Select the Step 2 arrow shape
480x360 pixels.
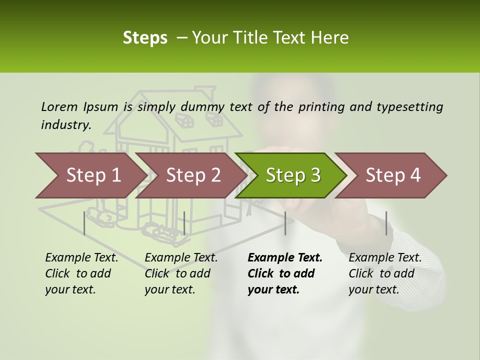point(193,175)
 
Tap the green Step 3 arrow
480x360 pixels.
point(293,175)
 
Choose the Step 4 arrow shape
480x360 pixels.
point(393,175)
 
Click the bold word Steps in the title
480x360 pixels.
point(145,38)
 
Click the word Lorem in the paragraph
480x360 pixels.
point(59,106)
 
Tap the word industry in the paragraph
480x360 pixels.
point(65,125)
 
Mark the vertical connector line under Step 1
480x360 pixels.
point(84,223)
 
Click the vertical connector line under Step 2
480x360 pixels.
point(184,223)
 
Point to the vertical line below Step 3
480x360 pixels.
point(285,223)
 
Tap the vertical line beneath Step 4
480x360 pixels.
point(386,223)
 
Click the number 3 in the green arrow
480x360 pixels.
point(315,175)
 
